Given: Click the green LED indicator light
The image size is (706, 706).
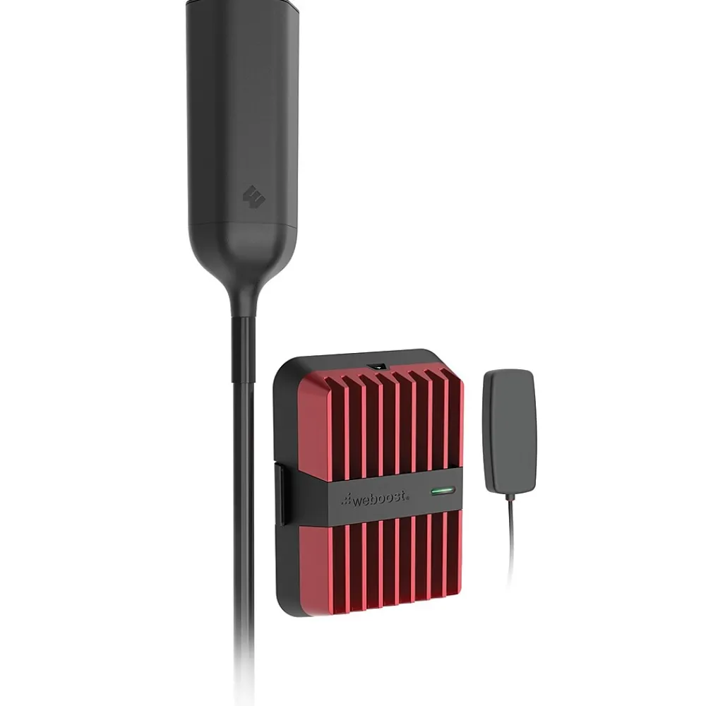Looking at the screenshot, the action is click(443, 490).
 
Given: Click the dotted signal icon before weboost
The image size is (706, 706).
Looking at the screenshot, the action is click(347, 499).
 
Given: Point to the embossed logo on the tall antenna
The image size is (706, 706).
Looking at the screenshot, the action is click(254, 196).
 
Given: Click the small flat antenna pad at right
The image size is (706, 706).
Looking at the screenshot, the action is click(510, 431).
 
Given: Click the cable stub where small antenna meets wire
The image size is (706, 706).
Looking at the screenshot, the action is click(510, 496).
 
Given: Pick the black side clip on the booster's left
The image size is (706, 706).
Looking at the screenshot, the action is click(280, 494).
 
